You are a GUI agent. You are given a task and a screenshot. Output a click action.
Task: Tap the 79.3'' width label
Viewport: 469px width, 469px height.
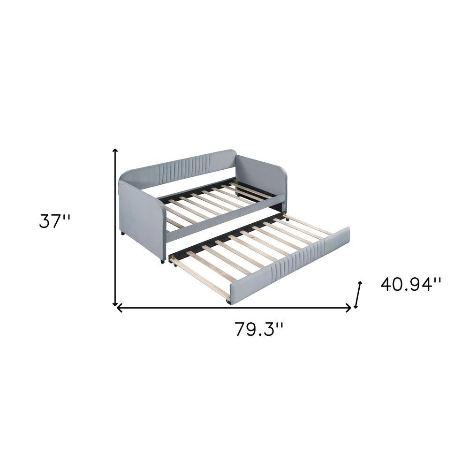point(259,330)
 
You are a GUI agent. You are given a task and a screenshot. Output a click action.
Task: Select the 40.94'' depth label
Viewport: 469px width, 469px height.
point(411,284)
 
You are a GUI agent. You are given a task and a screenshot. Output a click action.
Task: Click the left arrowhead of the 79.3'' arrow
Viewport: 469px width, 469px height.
point(119,308)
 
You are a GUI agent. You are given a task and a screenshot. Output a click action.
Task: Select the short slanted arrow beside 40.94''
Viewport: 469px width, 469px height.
point(359,295)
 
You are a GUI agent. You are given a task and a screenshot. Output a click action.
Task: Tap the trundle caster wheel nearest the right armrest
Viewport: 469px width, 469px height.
point(286,218)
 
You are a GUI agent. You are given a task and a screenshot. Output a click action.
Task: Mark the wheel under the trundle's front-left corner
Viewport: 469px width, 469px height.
point(229,303)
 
